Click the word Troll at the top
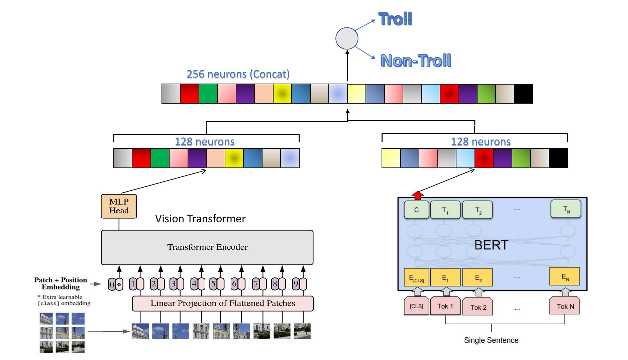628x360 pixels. click(395, 19)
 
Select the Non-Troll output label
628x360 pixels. click(416, 61)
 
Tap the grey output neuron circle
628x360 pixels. click(347, 39)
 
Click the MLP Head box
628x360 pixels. click(119, 206)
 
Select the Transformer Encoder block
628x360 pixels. click(207, 247)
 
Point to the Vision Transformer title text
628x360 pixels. click(200, 219)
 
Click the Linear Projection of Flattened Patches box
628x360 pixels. click(222, 304)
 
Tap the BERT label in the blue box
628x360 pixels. click(491, 245)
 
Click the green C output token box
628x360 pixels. click(416, 210)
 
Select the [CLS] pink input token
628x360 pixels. click(416, 306)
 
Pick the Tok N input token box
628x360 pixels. click(565, 306)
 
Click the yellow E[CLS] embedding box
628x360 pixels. click(416, 277)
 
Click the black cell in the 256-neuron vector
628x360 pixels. click(523, 94)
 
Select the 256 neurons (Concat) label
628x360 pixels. click(238, 74)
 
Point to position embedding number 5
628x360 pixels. click(213, 284)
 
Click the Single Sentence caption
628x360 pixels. click(491, 340)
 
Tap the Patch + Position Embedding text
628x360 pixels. click(61, 283)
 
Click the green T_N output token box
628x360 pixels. click(566, 209)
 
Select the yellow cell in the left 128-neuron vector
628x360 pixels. click(234, 158)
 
